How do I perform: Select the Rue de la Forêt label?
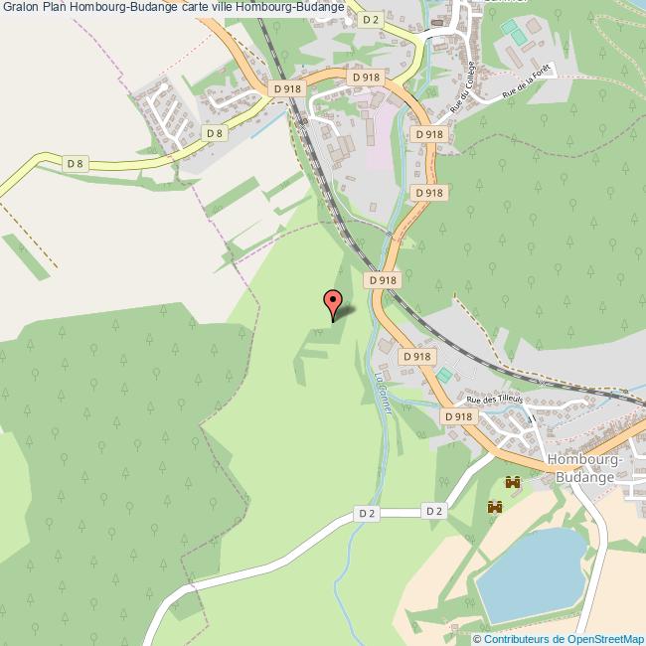pos(526,86)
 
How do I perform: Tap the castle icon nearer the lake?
pos(494,507)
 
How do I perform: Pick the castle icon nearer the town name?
pos(513,482)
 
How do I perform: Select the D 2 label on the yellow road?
pos(370,19)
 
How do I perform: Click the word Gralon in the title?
pos(21,7)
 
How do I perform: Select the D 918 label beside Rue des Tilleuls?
pos(459,417)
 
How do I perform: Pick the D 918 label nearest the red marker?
pos(383,280)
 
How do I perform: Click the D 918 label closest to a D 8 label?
pos(286,89)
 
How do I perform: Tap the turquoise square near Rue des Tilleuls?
pos(443,374)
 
